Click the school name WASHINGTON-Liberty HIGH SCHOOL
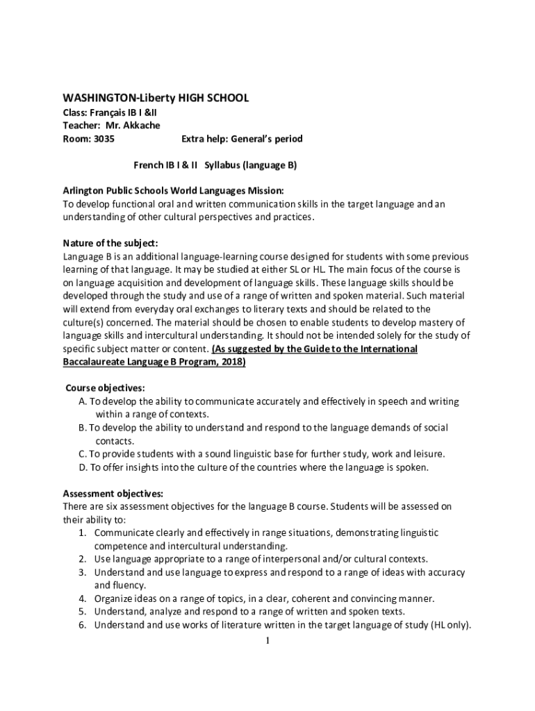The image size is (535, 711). (x=155, y=98)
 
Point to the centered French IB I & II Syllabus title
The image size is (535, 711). (x=215, y=165)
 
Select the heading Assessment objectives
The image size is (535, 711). (x=113, y=494)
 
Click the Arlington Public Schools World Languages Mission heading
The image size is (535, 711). (x=173, y=190)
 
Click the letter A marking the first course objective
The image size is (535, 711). (x=82, y=401)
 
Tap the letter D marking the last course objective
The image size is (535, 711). (x=82, y=467)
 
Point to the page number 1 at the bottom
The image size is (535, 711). (x=267, y=640)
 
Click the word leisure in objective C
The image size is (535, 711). (x=428, y=454)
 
